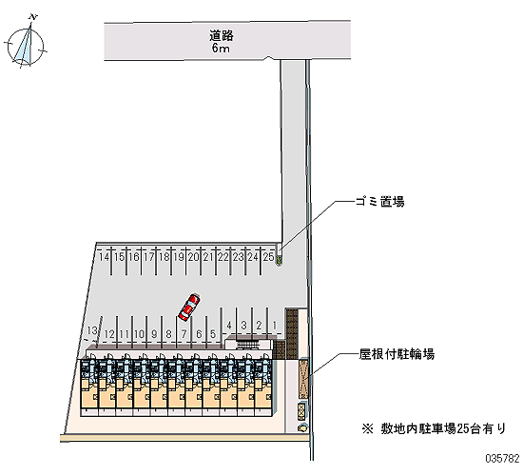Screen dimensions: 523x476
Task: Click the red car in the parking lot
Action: click(189, 307)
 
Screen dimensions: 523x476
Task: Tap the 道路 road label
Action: click(222, 35)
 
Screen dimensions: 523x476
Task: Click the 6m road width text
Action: click(221, 49)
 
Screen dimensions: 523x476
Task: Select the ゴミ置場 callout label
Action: click(380, 202)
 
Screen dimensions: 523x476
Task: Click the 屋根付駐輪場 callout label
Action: click(397, 354)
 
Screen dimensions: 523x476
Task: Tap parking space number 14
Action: click(104, 257)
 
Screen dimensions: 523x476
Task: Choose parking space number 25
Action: click(268, 257)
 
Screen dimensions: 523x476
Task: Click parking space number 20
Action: click(193, 257)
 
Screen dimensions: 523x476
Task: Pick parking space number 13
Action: click(91, 330)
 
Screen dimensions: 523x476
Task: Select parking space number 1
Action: click(275, 325)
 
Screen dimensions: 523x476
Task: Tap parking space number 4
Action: click(229, 325)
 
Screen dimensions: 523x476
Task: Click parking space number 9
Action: click(154, 334)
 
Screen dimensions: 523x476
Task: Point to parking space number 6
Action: click(199, 334)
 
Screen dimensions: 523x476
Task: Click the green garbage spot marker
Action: click(279, 260)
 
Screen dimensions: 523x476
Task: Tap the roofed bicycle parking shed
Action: click(303, 378)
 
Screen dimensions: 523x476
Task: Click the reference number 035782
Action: click(502, 458)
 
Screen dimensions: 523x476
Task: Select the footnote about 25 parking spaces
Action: click(434, 428)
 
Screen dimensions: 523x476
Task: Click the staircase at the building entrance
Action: click(247, 345)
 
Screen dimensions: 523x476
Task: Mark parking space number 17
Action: click(148, 257)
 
